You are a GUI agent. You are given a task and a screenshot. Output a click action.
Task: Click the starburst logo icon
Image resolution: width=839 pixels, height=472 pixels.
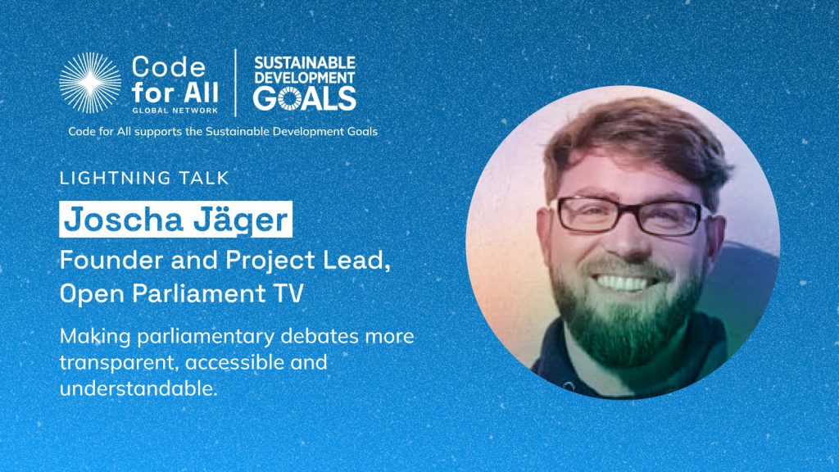pyautogui.click(x=90, y=83)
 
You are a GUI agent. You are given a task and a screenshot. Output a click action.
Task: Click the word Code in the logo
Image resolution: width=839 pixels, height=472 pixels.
pyautogui.click(x=169, y=67)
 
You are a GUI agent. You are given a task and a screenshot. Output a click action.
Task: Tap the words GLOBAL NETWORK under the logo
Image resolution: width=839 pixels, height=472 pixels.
pyautogui.click(x=175, y=111)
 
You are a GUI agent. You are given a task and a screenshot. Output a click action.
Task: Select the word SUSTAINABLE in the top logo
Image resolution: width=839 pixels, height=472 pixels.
pyautogui.click(x=305, y=63)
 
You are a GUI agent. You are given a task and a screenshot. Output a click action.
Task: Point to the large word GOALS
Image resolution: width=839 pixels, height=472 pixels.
pyautogui.click(x=305, y=98)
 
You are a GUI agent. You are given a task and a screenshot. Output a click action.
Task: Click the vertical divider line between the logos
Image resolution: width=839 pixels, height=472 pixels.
pyautogui.click(x=235, y=83)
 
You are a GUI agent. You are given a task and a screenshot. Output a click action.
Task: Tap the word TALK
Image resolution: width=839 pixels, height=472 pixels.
pyautogui.click(x=205, y=178)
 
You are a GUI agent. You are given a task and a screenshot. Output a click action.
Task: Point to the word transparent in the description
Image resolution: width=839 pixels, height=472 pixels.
pyautogui.click(x=119, y=363)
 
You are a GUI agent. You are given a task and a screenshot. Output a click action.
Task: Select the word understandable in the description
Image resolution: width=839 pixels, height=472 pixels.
pyautogui.click(x=138, y=388)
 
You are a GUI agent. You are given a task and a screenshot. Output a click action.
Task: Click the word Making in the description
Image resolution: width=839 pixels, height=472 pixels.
pyautogui.click(x=95, y=337)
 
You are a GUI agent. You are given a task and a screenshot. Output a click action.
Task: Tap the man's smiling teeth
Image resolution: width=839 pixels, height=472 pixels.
pyautogui.click(x=623, y=282)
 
